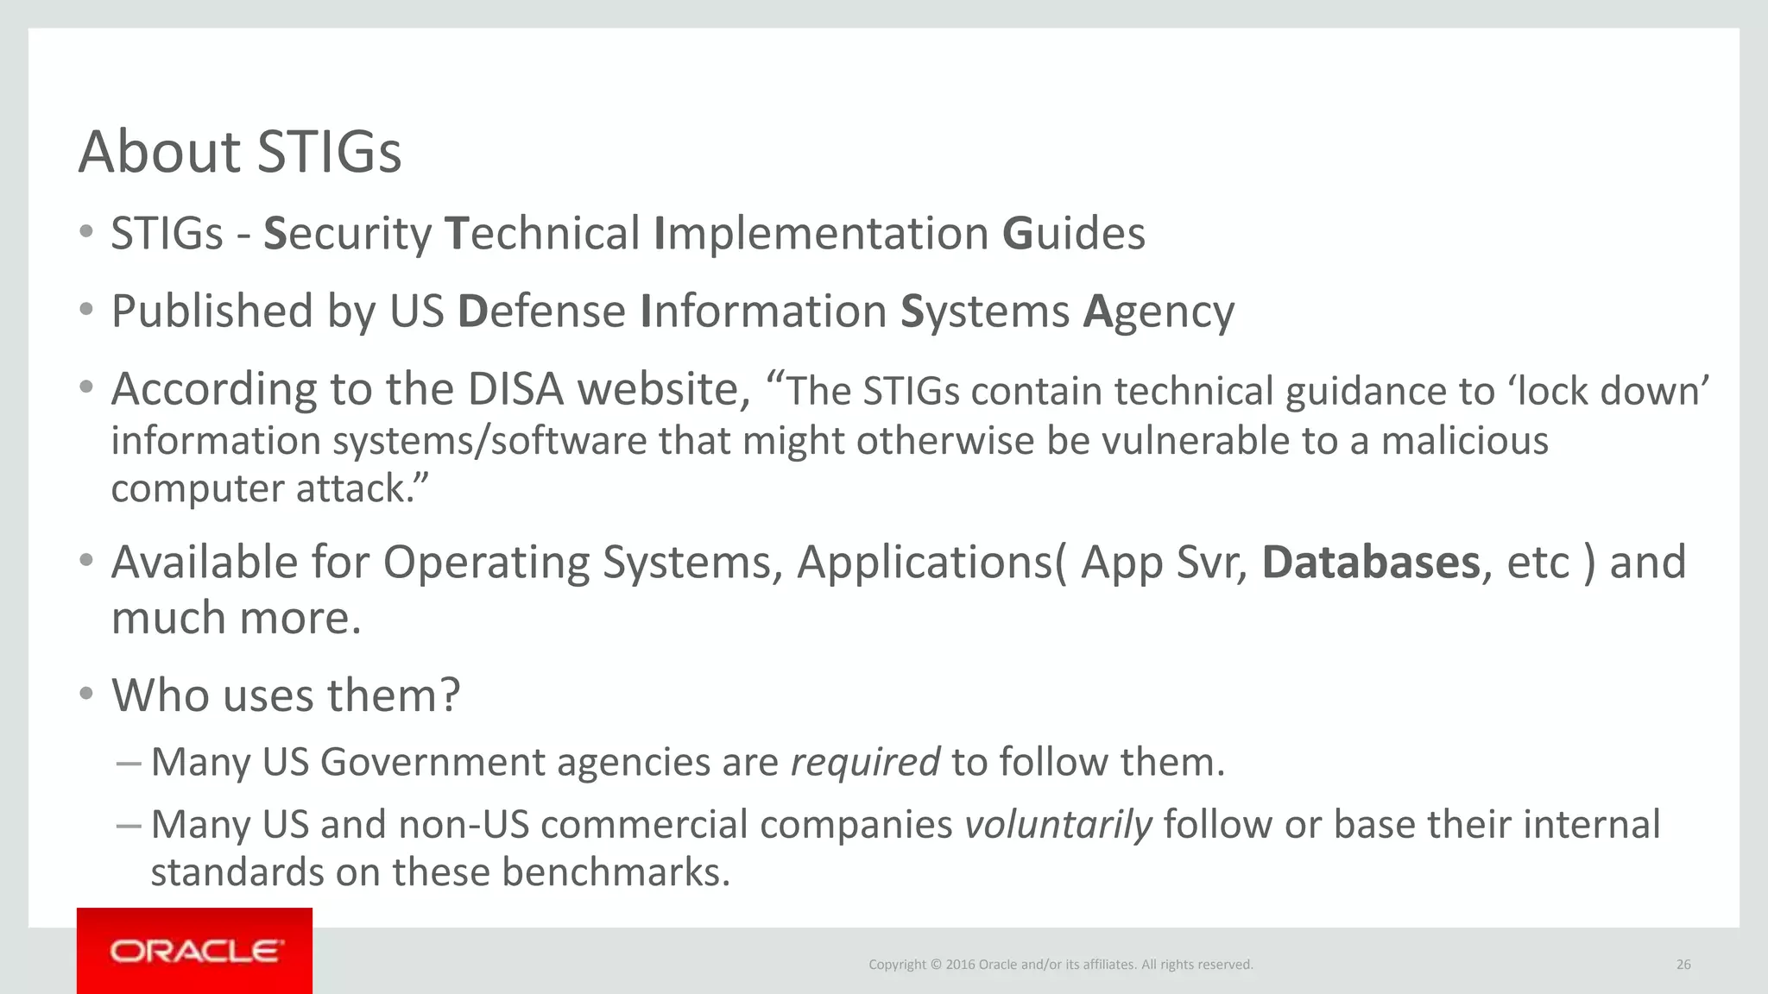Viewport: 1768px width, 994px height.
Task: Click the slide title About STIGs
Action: click(x=240, y=152)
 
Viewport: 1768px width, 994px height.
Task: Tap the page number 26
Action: click(x=1683, y=965)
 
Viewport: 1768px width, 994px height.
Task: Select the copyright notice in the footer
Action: click(x=1060, y=965)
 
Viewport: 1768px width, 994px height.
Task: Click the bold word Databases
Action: click(x=1371, y=563)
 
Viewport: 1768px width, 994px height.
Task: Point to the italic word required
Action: click(x=865, y=763)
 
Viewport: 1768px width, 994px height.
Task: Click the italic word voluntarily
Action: click(x=1058, y=825)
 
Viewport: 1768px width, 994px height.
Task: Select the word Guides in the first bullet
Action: click(x=1073, y=234)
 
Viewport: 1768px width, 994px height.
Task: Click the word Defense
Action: click(x=541, y=311)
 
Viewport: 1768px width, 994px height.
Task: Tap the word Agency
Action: click(x=1158, y=311)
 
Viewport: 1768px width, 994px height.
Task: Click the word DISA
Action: click(x=515, y=390)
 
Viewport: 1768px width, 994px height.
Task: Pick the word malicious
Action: click(x=1464, y=441)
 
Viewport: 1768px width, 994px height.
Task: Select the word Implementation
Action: click(x=821, y=234)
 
